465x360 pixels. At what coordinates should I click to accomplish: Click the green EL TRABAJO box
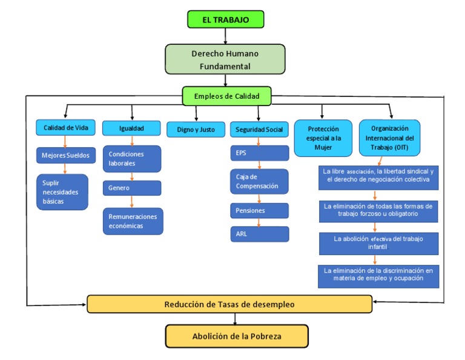tap(225, 19)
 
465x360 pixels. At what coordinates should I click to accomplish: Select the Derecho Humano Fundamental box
tap(225, 59)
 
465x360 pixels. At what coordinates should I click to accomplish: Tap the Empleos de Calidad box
tap(226, 96)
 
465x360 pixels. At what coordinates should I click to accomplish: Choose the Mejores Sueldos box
tap(65, 155)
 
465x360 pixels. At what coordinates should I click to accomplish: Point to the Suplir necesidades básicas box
tap(62, 192)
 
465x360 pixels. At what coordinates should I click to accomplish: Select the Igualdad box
tap(131, 128)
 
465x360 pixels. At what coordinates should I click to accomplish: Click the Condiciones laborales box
tap(132, 159)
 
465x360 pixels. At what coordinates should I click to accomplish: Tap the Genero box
tap(132, 188)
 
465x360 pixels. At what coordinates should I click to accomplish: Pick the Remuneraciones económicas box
tap(133, 221)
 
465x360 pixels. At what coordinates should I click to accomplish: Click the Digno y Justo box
tap(195, 129)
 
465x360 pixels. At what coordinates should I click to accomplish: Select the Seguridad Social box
tap(259, 129)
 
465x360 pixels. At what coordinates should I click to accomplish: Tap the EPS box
tap(259, 153)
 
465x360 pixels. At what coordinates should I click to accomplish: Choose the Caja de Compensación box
tap(259, 181)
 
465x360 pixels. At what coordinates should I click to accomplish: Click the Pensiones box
tap(259, 210)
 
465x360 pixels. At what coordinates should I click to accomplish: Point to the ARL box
tap(259, 234)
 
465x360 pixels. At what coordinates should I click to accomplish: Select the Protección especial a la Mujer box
tap(323, 138)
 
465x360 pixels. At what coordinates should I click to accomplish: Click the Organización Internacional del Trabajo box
tap(389, 138)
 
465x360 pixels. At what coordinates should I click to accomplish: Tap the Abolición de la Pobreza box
tap(237, 336)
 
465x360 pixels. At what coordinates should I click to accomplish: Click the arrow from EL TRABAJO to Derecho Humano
tap(225, 36)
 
